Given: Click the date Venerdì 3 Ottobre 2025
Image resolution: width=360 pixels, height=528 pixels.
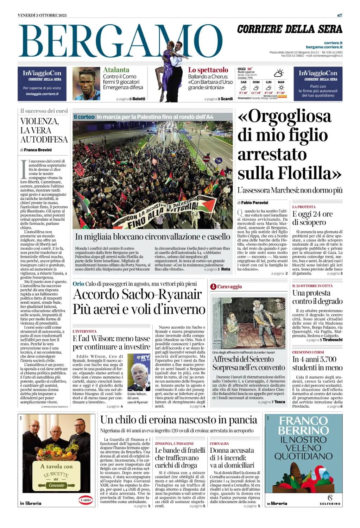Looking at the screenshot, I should pos(42,15).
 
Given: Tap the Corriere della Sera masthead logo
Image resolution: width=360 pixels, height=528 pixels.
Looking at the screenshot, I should pos(290,29).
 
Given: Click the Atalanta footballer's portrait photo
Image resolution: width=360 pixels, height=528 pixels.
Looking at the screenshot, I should pos(86,84).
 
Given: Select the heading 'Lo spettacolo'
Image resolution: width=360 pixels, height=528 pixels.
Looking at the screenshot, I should pos(208,70).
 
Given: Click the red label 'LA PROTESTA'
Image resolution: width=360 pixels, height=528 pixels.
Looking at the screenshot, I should pos(304,207).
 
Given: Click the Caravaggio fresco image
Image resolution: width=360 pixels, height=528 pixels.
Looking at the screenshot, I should pos(248,323).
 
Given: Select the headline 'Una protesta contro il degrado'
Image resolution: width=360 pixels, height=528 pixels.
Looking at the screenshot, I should pos(317,297).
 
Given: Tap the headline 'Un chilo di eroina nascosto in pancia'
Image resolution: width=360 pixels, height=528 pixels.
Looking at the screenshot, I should pos(178,420).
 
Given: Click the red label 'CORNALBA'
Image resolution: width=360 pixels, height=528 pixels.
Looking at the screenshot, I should pos(219,444).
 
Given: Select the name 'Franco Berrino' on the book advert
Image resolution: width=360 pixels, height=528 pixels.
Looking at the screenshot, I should pos(303,426).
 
